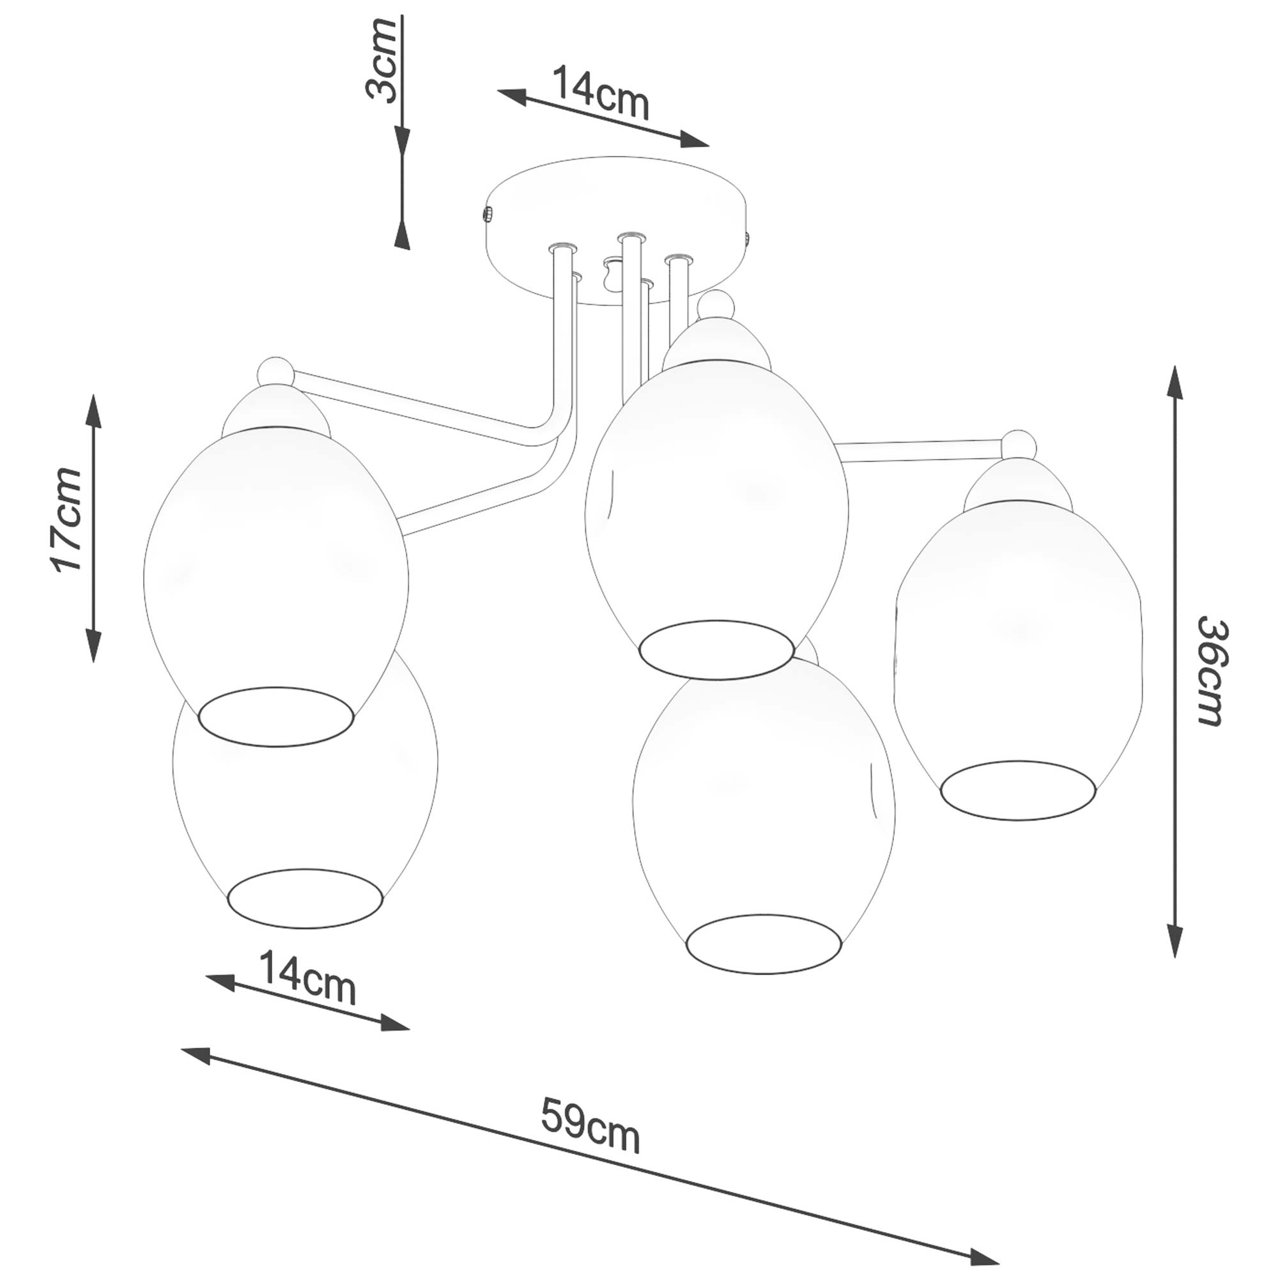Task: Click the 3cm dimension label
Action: tap(381, 61)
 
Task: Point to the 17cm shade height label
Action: tap(66, 520)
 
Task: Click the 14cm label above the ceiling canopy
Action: tap(600, 92)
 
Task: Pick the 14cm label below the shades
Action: tap(307, 977)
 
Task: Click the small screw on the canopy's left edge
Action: tap(487, 214)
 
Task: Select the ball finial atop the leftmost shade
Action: tap(275, 373)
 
